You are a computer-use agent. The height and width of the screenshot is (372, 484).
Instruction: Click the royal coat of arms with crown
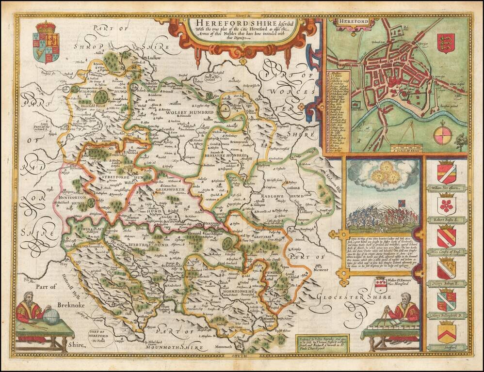click(46, 42)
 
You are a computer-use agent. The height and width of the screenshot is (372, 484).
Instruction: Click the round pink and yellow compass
click(442, 135)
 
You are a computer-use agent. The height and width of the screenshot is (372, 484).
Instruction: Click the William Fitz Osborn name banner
click(446, 188)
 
